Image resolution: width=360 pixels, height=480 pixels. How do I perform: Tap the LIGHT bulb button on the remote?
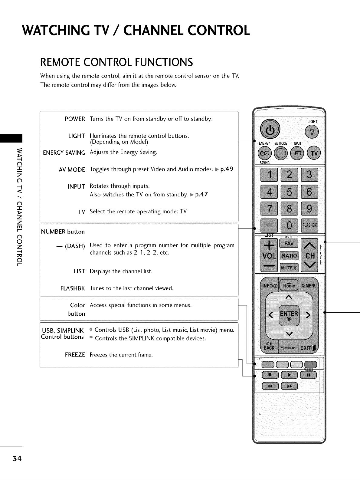tap(311, 132)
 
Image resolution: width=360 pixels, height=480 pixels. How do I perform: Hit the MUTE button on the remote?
tap(289, 268)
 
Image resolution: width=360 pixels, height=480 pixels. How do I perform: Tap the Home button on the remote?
tap(289, 285)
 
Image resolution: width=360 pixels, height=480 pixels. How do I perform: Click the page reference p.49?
tap(227, 169)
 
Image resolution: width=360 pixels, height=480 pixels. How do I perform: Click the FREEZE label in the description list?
tap(75, 354)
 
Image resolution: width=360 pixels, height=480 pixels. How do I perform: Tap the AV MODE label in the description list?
tap(72, 169)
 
